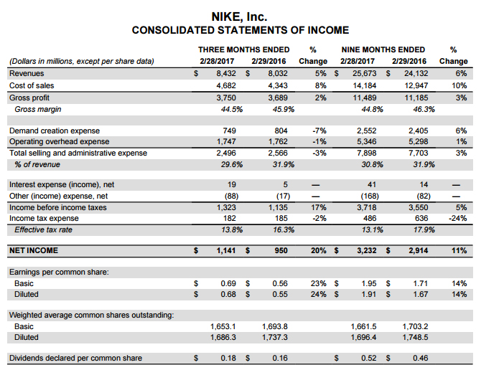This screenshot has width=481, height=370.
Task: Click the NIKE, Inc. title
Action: tap(240, 15)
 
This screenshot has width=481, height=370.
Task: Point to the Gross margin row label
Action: tap(38, 109)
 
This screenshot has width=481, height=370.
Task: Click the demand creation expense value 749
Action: tap(230, 131)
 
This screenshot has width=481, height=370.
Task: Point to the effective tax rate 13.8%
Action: tap(228, 230)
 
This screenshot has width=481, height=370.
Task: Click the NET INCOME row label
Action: tap(34, 251)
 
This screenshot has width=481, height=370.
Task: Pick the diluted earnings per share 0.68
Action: tap(229, 295)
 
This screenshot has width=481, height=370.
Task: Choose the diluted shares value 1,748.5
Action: tap(414, 336)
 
